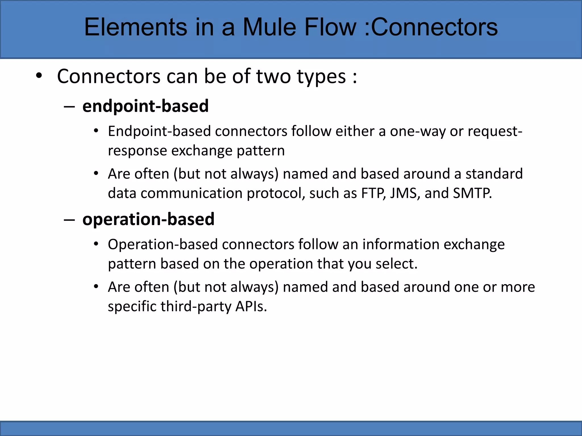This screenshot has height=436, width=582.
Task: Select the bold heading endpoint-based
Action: [x=145, y=106]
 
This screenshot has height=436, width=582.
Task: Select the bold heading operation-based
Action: [x=148, y=219]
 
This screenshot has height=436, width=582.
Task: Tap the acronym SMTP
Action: [x=472, y=193]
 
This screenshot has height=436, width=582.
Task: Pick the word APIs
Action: [x=251, y=306]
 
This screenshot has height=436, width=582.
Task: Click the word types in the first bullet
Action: [x=321, y=76]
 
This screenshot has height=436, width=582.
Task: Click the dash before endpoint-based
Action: [x=69, y=107]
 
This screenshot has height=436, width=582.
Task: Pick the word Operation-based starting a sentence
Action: [x=163, y=244]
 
